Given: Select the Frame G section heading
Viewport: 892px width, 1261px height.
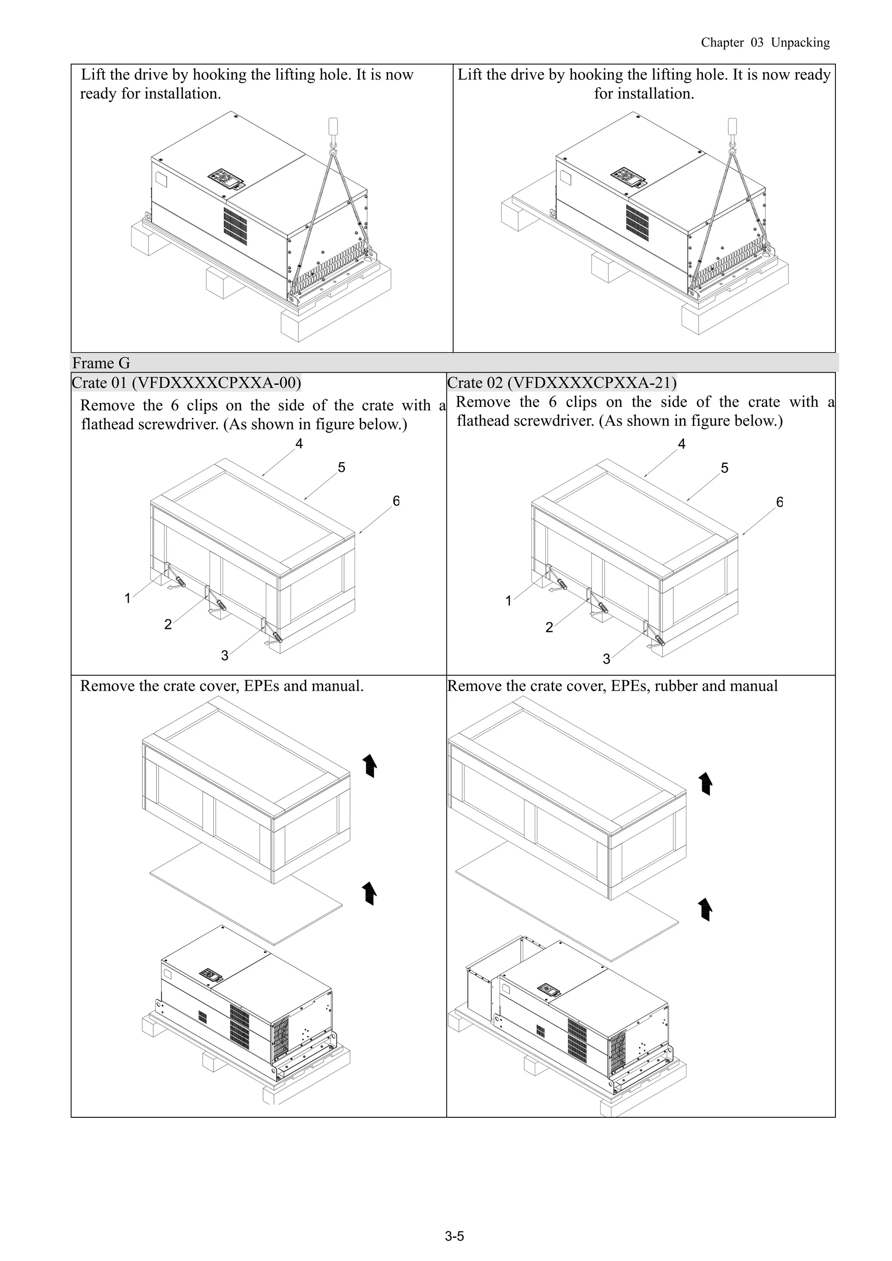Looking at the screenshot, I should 101,363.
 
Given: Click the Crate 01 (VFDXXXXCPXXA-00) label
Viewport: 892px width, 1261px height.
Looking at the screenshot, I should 186,382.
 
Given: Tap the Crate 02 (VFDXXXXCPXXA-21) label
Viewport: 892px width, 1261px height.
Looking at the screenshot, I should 562,382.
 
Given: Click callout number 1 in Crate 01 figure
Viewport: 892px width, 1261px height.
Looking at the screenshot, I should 128,598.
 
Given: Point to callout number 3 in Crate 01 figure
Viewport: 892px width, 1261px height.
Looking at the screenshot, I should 224,655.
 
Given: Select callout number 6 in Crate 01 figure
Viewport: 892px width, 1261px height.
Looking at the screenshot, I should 396,501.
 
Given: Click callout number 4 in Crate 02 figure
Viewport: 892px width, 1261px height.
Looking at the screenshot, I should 682,444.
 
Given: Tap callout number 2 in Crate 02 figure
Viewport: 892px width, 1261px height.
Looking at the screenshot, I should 548,627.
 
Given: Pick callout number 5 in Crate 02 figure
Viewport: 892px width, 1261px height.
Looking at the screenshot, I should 724,468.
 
